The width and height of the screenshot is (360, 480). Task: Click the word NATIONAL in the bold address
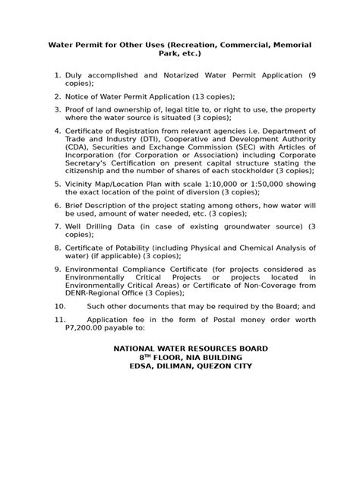click(139, 348)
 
